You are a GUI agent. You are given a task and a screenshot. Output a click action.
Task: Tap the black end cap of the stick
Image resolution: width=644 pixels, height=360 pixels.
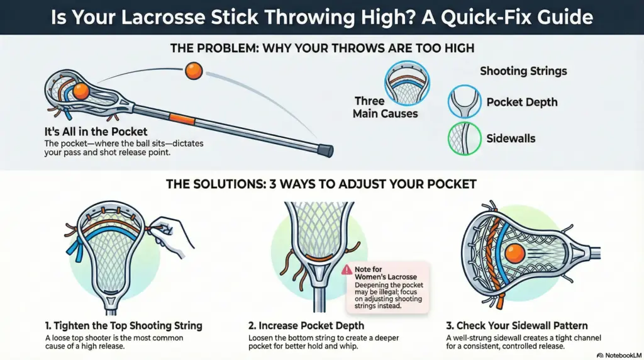(x=325, y=150)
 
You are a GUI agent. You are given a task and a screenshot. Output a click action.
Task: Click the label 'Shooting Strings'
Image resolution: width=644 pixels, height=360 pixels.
(x=523, y=71)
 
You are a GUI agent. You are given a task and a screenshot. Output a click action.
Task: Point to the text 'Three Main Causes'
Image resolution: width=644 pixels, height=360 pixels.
(x=385, y=107)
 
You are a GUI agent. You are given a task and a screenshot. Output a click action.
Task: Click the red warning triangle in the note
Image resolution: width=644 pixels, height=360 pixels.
(x=347, y=269)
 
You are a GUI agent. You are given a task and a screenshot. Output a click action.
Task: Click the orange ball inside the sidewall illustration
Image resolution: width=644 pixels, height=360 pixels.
(x=514, y=254)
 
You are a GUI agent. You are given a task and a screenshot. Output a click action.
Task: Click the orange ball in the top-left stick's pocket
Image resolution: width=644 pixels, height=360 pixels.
(x=80, y=92)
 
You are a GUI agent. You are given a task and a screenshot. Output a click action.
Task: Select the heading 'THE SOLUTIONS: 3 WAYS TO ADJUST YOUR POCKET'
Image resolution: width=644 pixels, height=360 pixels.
(x=321, y=185)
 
